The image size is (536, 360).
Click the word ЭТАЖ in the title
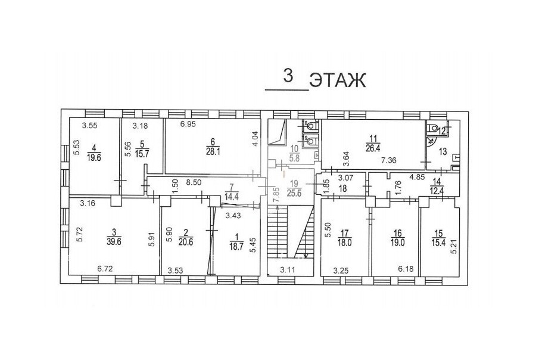click(x=338, y=81)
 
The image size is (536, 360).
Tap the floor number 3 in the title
click(x=288, y=76)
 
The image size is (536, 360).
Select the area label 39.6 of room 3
click(x=114, y=242)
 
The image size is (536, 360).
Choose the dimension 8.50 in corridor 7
click(x=194, y=182)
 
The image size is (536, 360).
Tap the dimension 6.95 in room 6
click(x=188, y=125)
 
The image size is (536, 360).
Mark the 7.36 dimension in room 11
click(x=388, y=160)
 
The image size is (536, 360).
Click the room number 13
click(x=442, y=151)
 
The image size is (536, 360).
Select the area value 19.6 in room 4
click(x=95, y=157)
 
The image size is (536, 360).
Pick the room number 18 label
click(x=342, y=188)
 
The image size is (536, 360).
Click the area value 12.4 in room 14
click(x=437, y=190)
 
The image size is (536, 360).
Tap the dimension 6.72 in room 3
click(x=105, y=269)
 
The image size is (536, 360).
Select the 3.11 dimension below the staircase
click(x=288, y=270)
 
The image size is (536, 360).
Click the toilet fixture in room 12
click(x=433, y=129)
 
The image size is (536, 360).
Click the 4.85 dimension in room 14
click(x=417, y=177)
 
